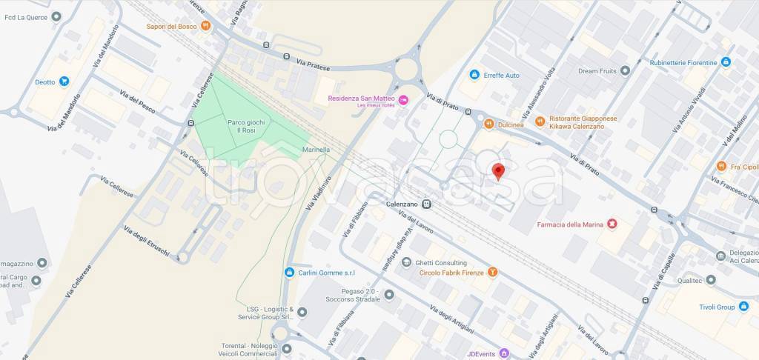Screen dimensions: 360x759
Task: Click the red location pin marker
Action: coord(498,171)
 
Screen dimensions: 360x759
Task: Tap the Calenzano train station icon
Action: coord(427,204)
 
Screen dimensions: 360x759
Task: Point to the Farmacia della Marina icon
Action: coord(611,222)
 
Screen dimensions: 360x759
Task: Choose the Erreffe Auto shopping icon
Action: coord(474,75)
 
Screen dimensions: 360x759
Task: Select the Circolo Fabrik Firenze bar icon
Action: coord(491,273)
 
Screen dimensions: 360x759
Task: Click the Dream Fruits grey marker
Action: coord(625,70)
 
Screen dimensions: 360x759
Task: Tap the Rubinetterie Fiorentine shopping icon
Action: coord(726,62)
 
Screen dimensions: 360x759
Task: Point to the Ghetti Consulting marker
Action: coord(406,262)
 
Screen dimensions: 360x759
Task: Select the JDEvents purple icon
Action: coord(504,353)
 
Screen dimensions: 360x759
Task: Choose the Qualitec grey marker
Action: coord(710,280)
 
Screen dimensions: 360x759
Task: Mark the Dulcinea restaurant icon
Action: coord(489,124)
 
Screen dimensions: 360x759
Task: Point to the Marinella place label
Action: coord(316,150)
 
